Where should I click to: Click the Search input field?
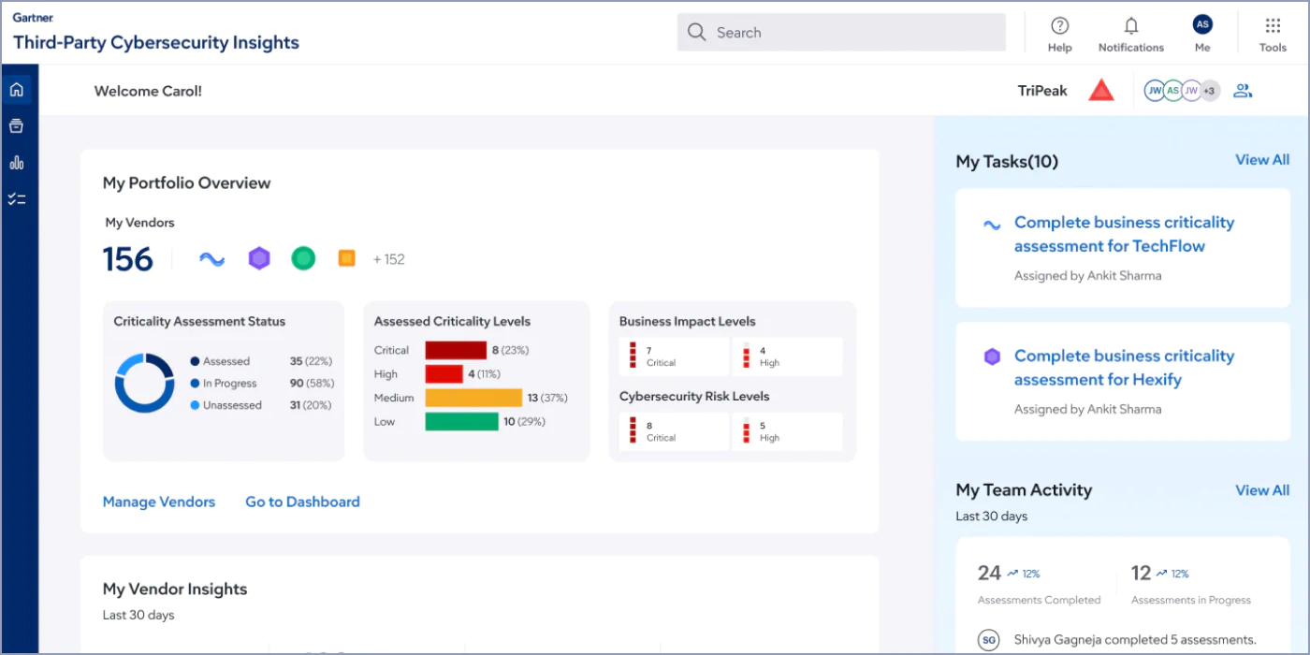coord(841,32)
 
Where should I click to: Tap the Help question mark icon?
coord(1059,26)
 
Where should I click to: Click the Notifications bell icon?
coord(1131,26)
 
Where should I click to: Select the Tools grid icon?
coord(1273,26)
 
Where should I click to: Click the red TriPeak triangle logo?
coord(1101,90)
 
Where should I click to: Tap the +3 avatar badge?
coord(1209,91)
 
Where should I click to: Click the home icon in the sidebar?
coord(17,90)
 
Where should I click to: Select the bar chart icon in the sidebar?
coord(17,163)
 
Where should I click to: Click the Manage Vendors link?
coord(158,502)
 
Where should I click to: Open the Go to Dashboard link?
coord(302,502)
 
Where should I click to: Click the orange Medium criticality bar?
coord(473,398)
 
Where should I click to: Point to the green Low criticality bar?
coord(462,422)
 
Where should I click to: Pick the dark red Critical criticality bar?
coord(456,350)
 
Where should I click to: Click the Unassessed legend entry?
coord(226,405)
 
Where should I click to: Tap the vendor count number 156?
coord(127,259)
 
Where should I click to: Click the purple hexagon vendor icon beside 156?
coord(259,258)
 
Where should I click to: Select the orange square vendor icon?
coord(347,258)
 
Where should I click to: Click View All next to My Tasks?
coord(1262,160)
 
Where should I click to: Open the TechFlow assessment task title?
coord(1124,234)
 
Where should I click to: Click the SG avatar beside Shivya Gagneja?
coord(988,640)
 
